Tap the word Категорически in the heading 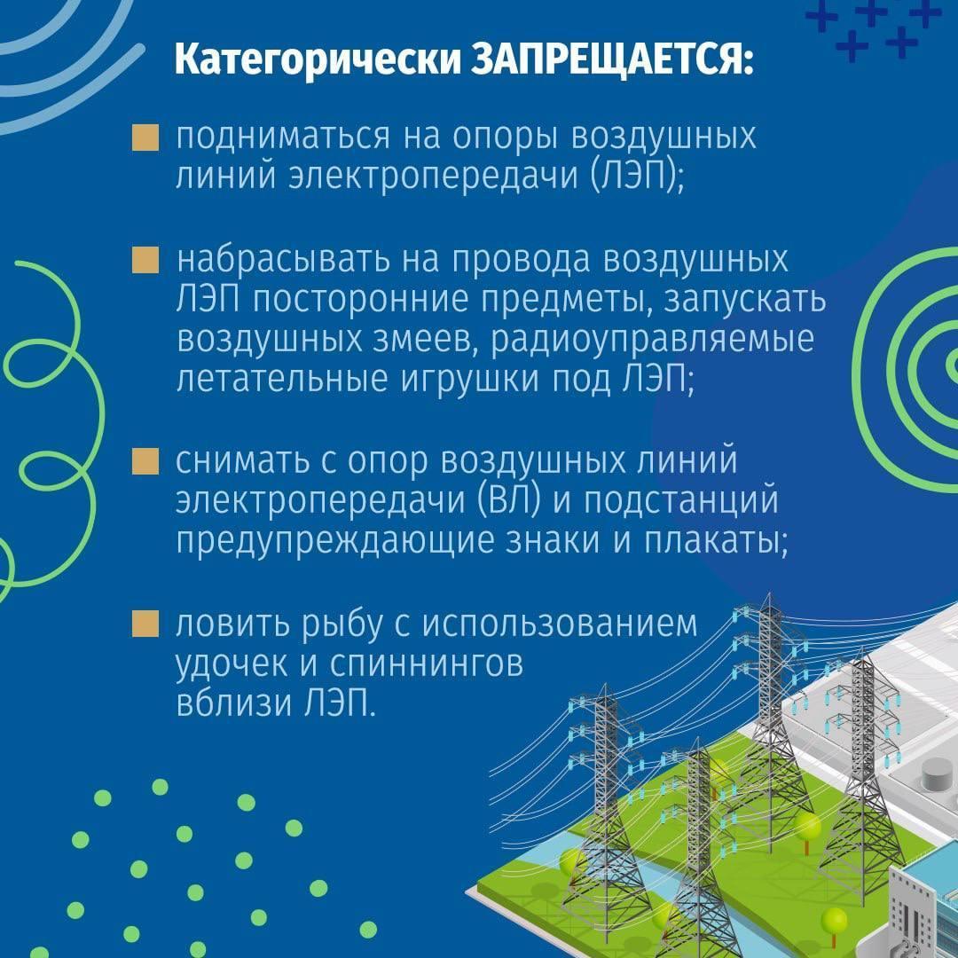point(318,61)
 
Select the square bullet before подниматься point(145,137)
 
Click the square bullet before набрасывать point(145,260)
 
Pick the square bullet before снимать point(145,461)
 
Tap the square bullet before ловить point(145,624)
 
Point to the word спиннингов point(427,664)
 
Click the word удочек point(232,664)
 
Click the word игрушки point(470,380)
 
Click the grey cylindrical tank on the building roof point(936,773)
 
